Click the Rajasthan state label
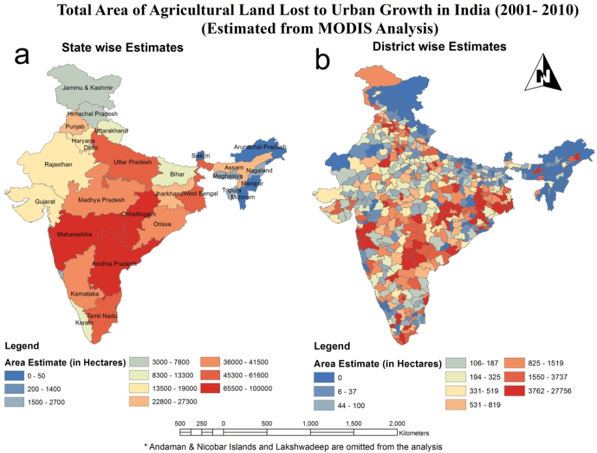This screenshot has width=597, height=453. tap(59, 164)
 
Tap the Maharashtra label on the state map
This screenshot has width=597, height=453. tap(74, 233)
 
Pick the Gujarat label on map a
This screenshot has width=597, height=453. tap(46, 201)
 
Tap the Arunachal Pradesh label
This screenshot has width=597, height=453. tap(260, 147)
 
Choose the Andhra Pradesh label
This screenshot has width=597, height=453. tap(115, 263)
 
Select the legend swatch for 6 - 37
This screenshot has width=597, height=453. tap(329, 391)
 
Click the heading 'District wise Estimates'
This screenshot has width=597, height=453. tap(439, 46)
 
